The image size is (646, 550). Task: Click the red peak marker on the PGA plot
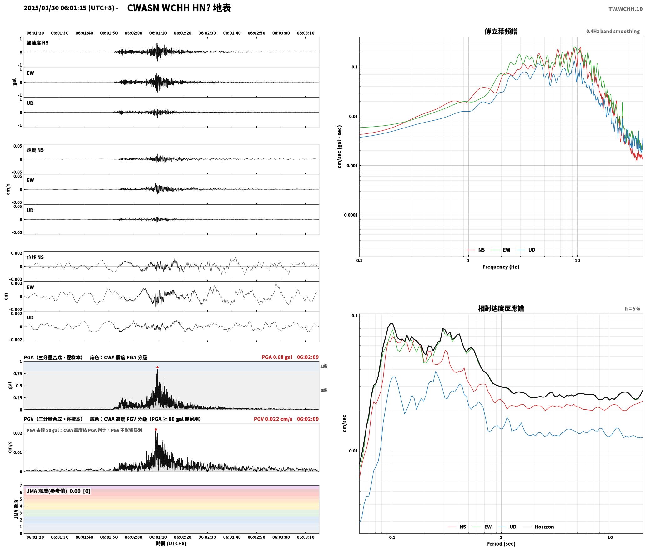point(157,367)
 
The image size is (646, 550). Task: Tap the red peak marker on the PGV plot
point(156,430)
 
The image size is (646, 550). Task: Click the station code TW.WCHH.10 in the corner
point(625,9)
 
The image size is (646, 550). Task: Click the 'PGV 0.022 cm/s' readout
point(273,419)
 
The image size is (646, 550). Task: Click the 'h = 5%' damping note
point(632,309)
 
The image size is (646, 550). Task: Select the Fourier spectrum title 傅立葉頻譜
point(501,32)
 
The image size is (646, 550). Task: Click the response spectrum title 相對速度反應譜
point(501,308)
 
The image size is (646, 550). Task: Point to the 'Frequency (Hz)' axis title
point(501,267)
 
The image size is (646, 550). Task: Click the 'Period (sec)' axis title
point(501,544)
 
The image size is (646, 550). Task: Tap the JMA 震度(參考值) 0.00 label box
point(58,491)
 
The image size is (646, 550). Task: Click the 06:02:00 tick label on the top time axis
point(134,33)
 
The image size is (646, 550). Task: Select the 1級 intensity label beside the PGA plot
point(324,366)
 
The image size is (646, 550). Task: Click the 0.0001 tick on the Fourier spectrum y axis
point(351,215)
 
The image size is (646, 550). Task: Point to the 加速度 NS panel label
point(38,43)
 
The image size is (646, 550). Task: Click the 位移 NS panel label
point(35,257)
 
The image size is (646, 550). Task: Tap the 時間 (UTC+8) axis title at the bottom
point(171,543)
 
